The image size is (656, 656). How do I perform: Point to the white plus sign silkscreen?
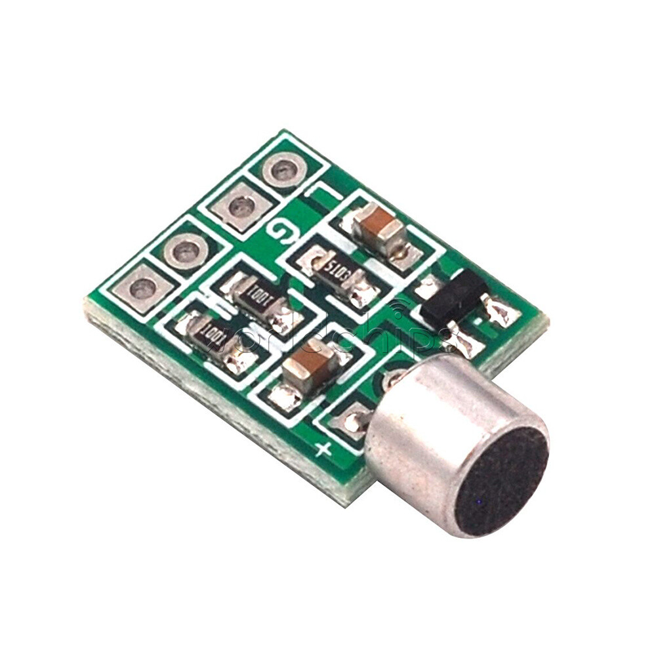(322, 449)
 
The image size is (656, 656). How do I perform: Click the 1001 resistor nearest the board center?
(258, 300)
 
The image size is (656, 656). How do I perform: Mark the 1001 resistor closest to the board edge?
(214, 335)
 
